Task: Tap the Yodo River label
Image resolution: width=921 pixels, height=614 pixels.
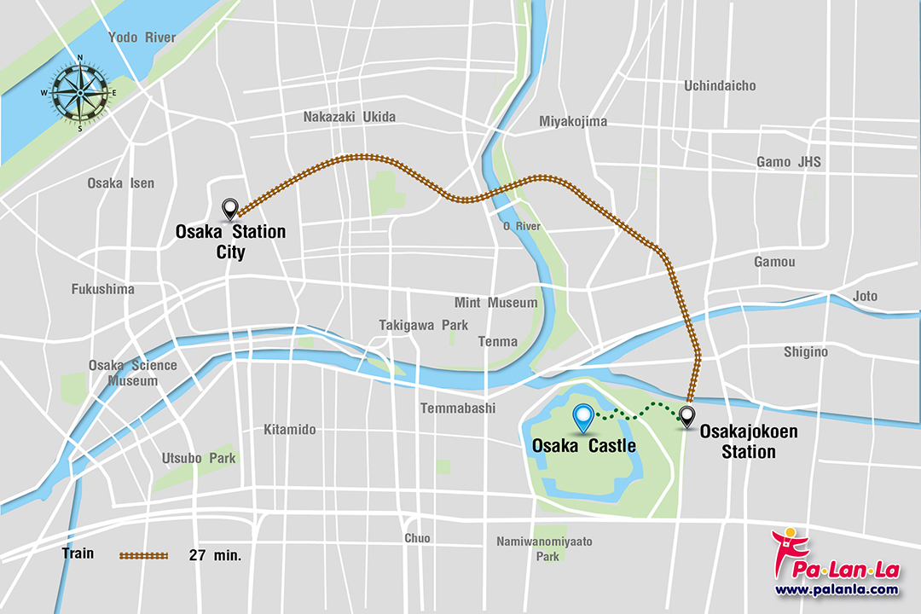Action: point(142,38)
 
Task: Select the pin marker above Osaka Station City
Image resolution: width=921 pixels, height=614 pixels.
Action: point(229,209)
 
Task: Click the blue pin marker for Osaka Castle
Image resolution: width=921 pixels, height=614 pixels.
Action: point(583,417)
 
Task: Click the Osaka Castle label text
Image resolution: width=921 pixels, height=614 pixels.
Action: point(583,445)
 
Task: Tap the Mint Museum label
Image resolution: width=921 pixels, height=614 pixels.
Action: point(495,303)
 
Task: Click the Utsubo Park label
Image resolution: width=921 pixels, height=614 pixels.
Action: point(199,458)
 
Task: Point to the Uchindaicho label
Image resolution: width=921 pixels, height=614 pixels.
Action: point(720,85)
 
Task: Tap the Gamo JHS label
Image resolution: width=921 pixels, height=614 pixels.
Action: point(789,162)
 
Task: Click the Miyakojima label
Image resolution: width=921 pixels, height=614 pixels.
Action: point(573,121)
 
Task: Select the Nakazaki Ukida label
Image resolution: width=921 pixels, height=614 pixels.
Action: point(350,117)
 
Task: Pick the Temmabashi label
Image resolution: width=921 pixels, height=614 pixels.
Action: point(458,408)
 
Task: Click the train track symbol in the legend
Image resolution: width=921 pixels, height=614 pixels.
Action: point(143,555)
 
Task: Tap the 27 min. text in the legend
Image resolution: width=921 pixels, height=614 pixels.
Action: point(215,555)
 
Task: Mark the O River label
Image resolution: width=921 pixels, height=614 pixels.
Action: point(522,226)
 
